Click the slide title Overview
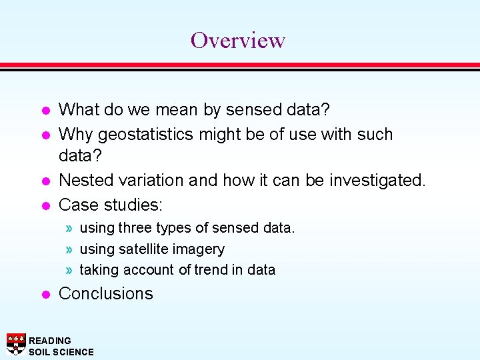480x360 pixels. click(x=238, y=40)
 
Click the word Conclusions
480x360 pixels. click(x=106, y=293)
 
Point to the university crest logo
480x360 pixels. click(x=16, y=344)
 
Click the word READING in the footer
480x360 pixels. click(x=50, y=341)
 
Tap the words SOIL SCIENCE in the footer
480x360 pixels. click(x=61, y=352)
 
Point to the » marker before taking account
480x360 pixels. click(x=70, y=270)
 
